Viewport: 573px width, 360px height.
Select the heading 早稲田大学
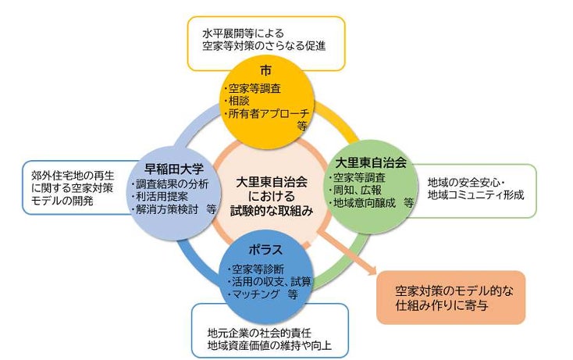pos(174,168)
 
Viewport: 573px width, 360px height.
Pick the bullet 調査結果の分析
pos(175,184)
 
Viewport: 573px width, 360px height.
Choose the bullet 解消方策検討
pos(169,209)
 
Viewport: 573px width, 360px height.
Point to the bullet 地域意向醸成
pos(364,202)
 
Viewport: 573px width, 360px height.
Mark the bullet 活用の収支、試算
pos(262,282)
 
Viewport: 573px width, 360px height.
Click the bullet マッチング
pos(251,294)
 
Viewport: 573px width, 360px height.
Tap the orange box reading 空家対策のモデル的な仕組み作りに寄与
pos(450,298)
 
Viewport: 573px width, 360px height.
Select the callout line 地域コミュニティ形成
pos(475,194)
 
